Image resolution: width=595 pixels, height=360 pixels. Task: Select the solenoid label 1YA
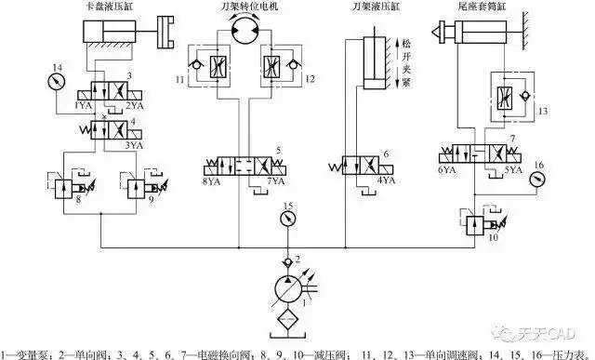[x=83, y=107]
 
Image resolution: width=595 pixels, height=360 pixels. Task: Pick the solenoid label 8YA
[x=211, y=182]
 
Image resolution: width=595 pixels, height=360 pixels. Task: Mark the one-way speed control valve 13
[x=509, y=96]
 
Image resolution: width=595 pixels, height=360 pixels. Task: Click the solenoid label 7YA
[x=276, y=182]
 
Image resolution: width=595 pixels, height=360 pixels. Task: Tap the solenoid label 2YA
[x=136, y=107]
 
